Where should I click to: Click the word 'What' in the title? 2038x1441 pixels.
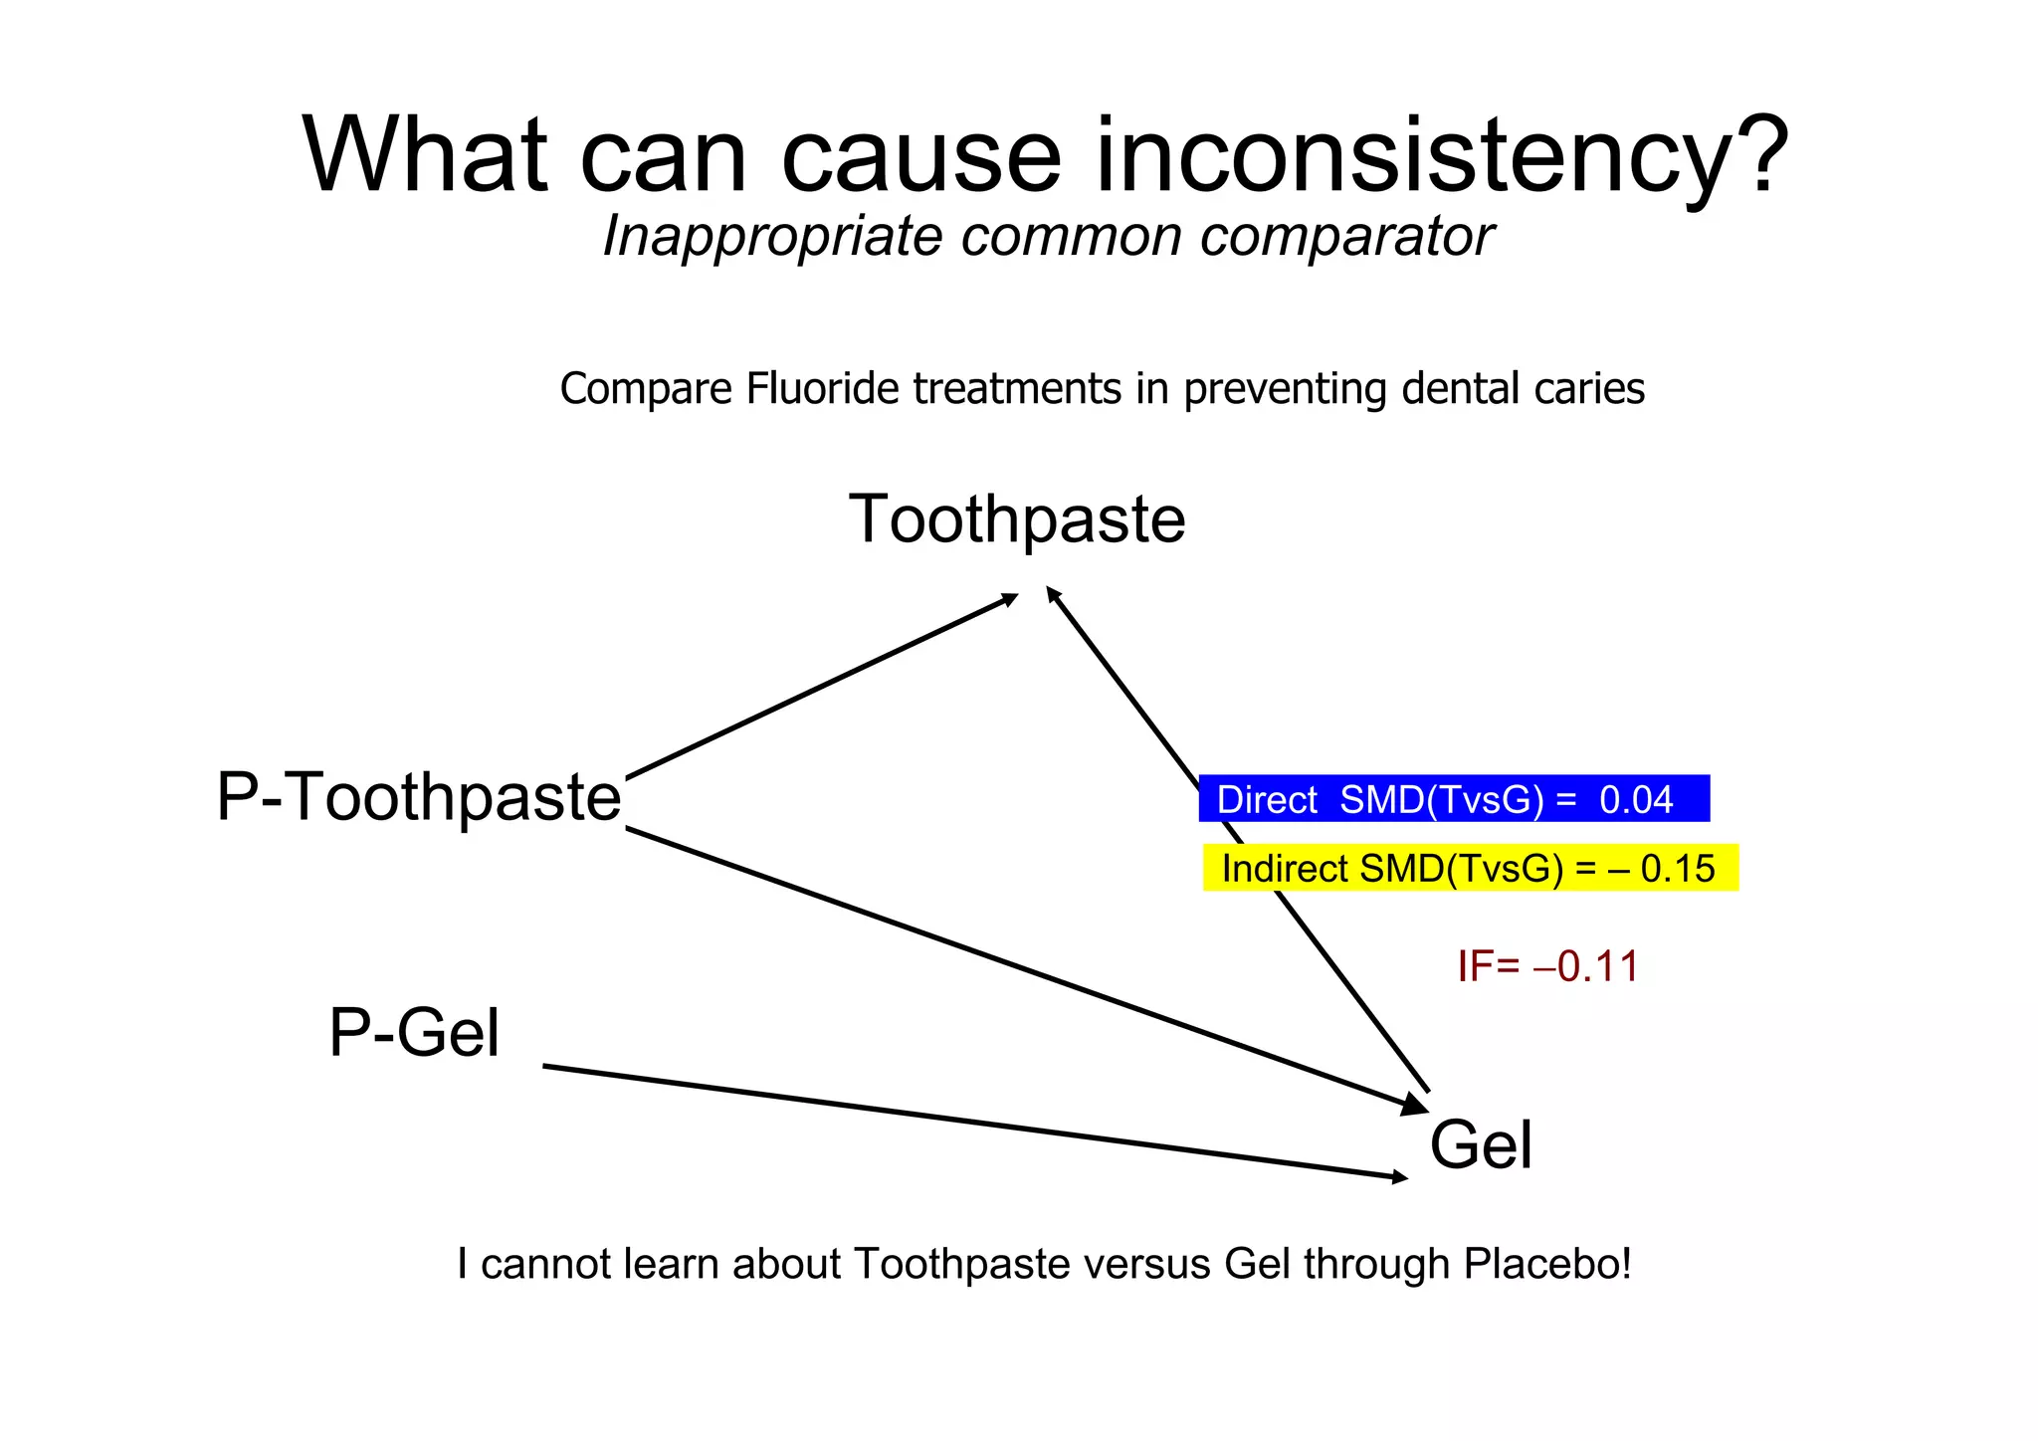click(x=425, y=156)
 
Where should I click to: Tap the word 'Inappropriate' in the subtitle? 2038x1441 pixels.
click(x=772, y=237)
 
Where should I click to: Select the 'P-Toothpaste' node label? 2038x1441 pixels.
click(x=419, y=797)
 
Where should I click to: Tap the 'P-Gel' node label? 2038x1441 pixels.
click(x=414, y=1033)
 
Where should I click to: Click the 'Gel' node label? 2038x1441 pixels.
click(x=1481, y=1144)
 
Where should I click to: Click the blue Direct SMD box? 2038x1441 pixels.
click(x=1453, y=799)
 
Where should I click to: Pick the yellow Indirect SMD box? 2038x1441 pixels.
click(x=1470, y=868)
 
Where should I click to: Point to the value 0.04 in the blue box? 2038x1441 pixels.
click(x=1637, y=800)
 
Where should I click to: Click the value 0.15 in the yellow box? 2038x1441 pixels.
click(x=1678, y=869)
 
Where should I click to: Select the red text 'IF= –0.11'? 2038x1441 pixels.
click(x=1547, y=966)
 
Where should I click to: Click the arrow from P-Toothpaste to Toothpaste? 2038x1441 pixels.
click(x=821, y=687)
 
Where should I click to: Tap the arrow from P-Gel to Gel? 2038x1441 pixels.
click(x=975, y=1122)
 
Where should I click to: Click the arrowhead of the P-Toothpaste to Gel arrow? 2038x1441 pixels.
click(x=1415, y=1105)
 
